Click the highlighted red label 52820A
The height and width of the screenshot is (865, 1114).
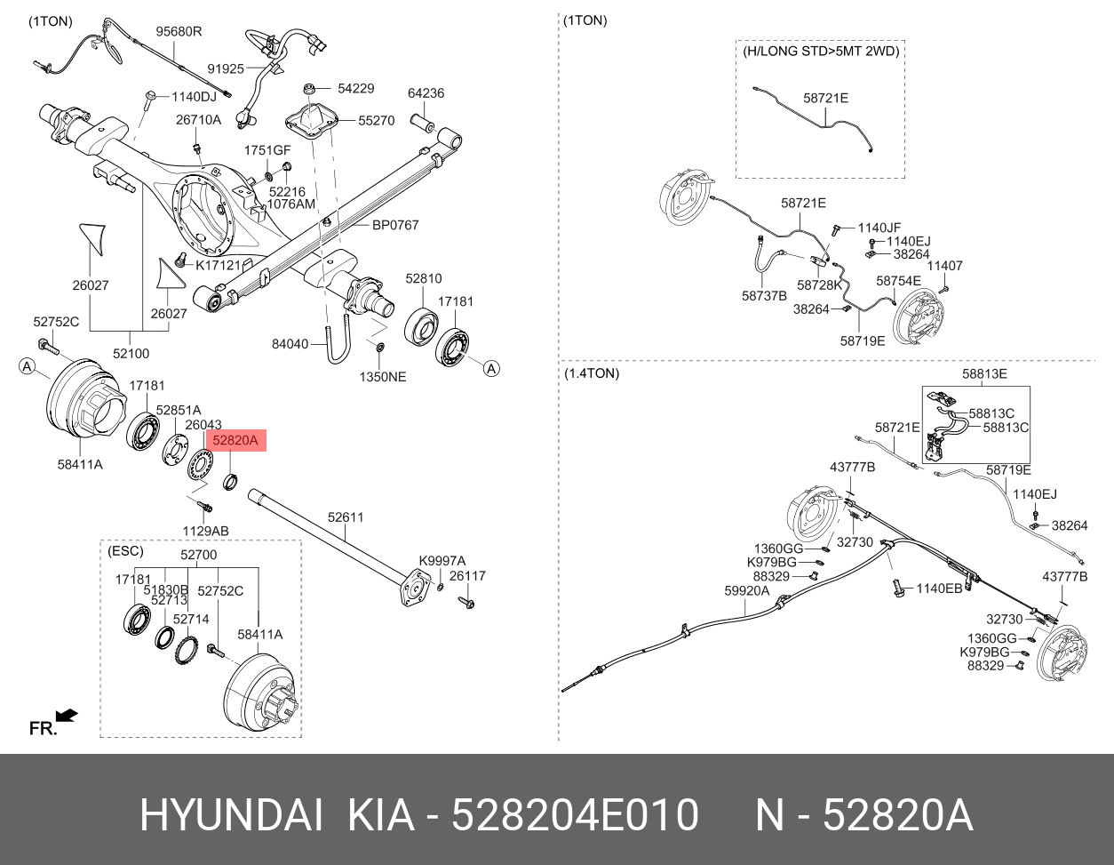[235, 439]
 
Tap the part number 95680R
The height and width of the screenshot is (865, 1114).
[179, 31]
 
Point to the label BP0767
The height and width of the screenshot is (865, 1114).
[394, 226]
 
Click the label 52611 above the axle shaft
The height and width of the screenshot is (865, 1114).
[346, 517]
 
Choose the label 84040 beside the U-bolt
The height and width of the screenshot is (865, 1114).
[290, 344]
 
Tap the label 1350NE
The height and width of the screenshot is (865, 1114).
[382, 376]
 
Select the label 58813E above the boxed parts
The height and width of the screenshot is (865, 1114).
[984, 374]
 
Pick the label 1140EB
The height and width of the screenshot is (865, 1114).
[939, 589]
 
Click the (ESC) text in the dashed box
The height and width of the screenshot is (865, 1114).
[124, 551]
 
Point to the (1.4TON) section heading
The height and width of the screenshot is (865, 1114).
[592, 373]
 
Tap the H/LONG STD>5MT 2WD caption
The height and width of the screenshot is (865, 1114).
[821, 52]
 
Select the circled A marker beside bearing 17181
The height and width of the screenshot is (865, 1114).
[491, 368]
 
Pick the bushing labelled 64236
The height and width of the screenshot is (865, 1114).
[421, 119]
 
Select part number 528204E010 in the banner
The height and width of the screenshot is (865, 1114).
[575, 816]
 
